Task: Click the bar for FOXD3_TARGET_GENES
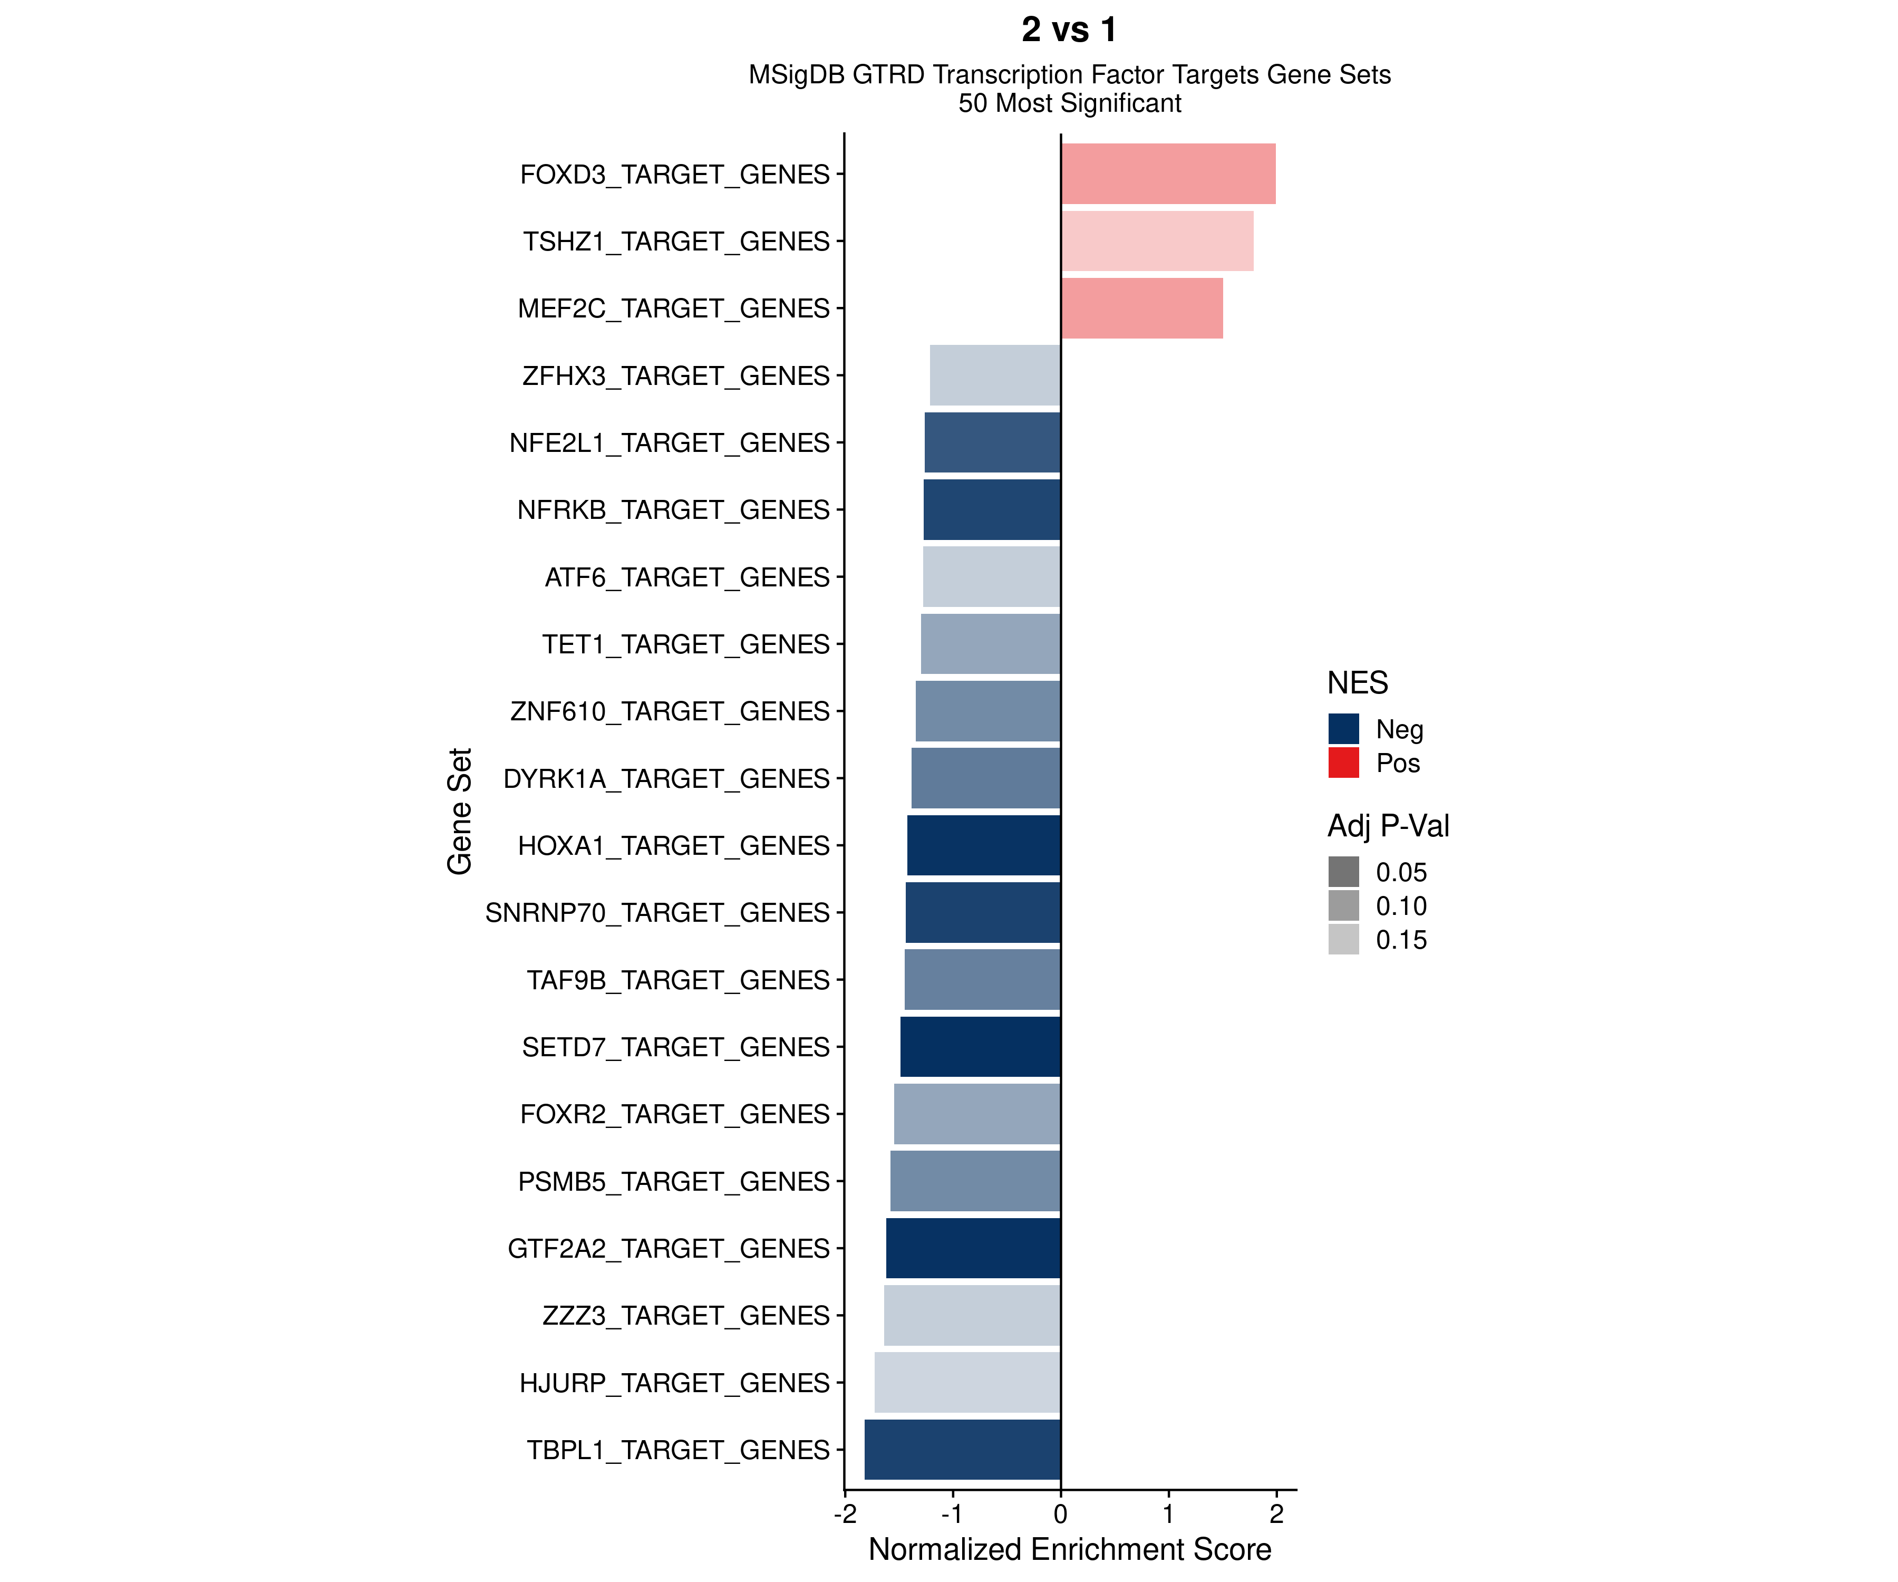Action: point(1168,173)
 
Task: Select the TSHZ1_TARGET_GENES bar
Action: point(1157,240)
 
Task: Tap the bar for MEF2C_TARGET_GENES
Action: point(1141,308)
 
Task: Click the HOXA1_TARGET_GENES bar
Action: point(983,845)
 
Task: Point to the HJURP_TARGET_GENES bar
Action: point(967,1382)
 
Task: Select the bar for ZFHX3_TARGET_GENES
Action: point(995,375)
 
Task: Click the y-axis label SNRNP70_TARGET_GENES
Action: point(657,913)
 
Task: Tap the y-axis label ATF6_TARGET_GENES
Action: point(687,577)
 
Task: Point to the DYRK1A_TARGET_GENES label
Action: point(666,778)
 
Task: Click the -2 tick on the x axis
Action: point(844,1513)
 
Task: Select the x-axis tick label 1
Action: point(1168,1513)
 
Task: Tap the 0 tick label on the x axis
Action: point(1060,1513)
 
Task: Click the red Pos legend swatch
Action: point(1343,762)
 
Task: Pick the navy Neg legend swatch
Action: point(1343,729)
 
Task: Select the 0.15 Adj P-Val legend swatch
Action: point(1343,939)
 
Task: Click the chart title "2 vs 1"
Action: point(1069,30)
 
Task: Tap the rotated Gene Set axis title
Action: point(460,811)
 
